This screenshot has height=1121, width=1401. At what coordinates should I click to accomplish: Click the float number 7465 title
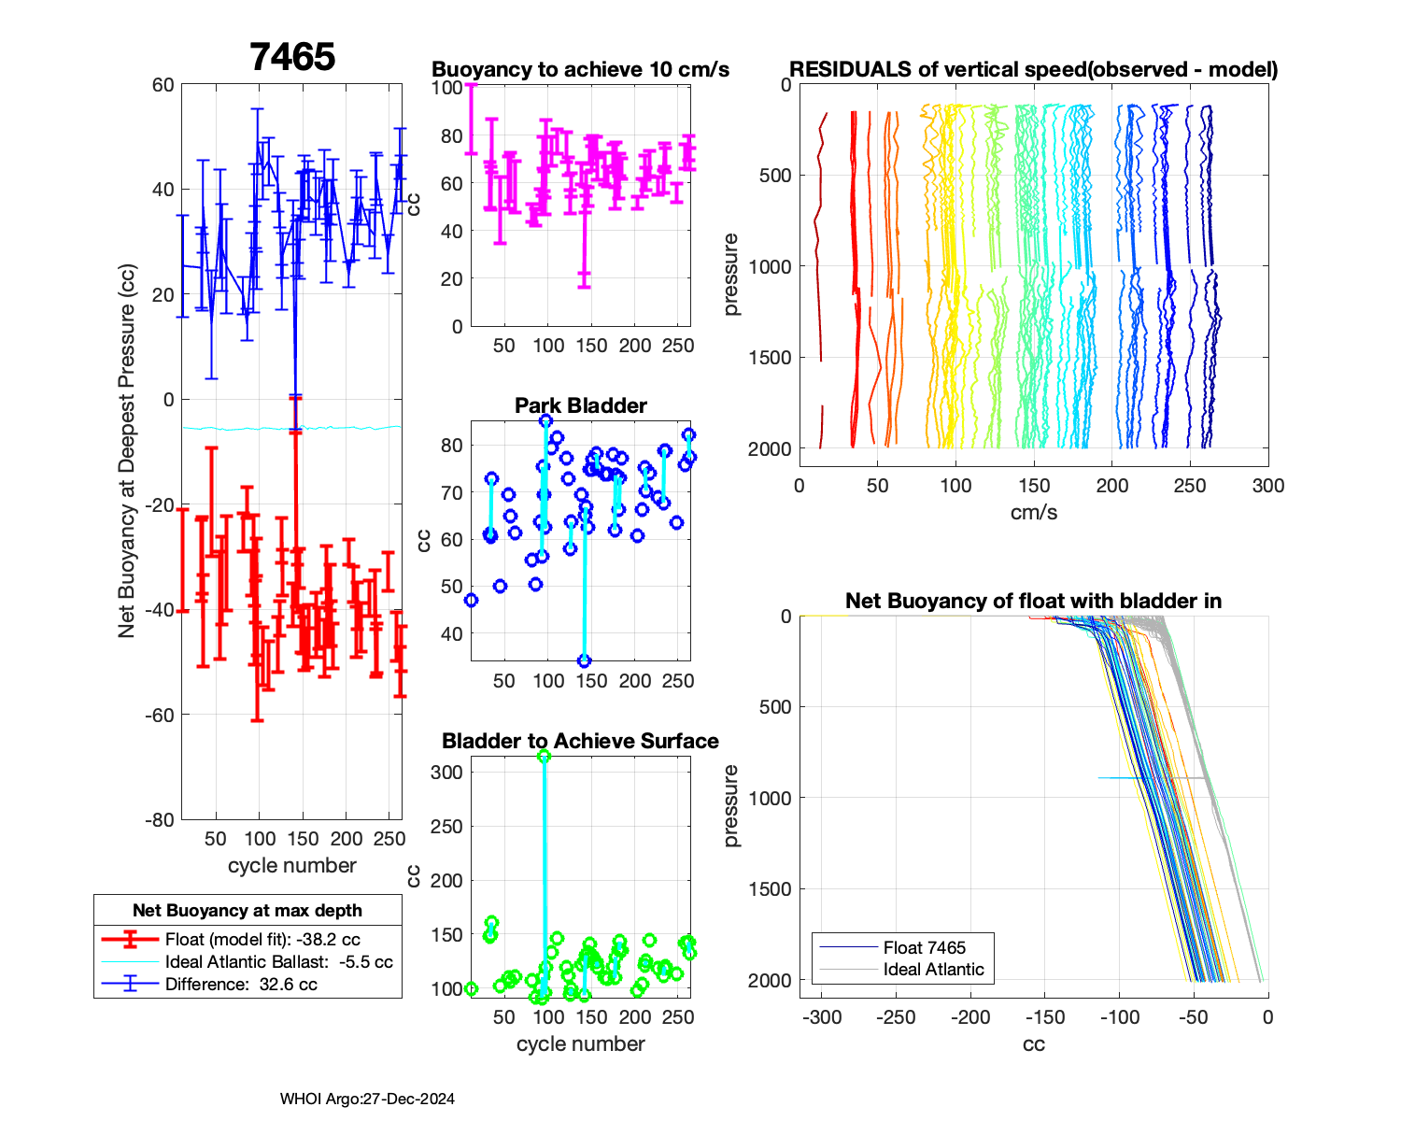point(292,58)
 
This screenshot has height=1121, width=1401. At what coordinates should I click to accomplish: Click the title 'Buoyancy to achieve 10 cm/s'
point(580,70)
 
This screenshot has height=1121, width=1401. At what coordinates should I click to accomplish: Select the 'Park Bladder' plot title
point(581,405)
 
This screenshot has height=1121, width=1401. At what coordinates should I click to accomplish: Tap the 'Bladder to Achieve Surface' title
point(580,742)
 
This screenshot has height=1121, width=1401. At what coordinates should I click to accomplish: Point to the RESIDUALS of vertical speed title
point(1034,70)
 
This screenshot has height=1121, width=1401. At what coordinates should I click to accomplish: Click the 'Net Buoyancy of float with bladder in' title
point(1034,602)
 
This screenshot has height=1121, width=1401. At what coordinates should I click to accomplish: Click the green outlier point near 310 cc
point(545,756)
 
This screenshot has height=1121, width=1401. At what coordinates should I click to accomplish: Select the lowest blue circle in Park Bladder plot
point(584,660)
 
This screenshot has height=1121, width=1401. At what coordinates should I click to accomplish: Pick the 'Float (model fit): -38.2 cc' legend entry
point(262,940)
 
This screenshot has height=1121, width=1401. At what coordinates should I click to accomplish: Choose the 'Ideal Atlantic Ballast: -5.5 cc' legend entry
point(278,962)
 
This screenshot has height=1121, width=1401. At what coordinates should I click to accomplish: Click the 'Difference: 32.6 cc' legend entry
point(241,985)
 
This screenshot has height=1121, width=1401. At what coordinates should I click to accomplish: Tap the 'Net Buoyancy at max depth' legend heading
point(248,911)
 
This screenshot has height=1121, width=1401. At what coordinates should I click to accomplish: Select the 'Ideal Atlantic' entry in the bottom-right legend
point(933,970)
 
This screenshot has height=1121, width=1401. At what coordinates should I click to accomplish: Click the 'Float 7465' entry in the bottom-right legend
point(925,948)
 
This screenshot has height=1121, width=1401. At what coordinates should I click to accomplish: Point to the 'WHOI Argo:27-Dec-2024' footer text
point(367,1100)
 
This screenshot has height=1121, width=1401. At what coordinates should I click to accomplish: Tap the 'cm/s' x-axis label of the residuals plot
point(1034,513)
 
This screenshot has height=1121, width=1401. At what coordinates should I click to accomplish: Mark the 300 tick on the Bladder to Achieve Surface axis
point(447,773)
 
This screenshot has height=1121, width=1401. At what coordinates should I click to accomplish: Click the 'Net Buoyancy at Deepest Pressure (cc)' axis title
point(127,452)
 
